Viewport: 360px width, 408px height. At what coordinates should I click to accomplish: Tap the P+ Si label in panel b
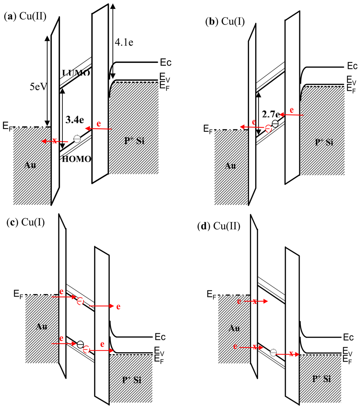tap(324, 142)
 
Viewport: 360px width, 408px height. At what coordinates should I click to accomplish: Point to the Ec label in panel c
tap(160, 337)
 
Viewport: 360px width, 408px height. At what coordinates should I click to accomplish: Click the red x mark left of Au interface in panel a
tap(54, 141)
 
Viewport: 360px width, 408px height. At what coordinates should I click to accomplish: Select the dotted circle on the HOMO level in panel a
tap(77, 139)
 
